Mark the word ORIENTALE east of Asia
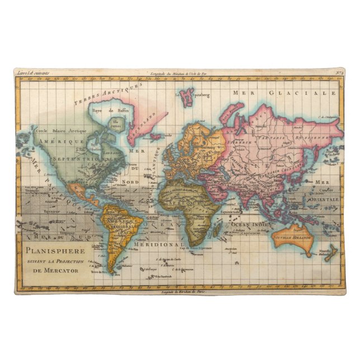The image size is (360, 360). pos(326,199)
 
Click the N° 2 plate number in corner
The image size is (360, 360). pos(339,72)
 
